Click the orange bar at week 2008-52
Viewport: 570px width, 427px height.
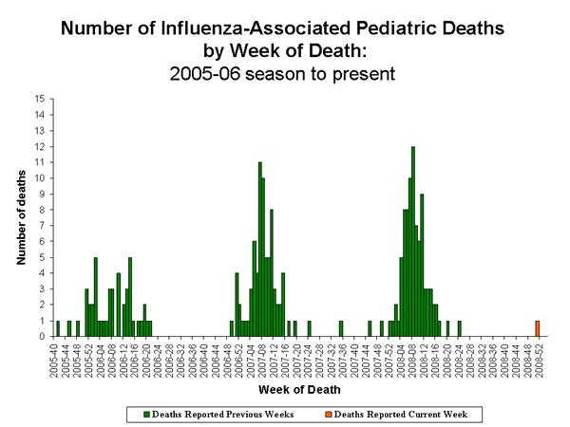pos(537,328)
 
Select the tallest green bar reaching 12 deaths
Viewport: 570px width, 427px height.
pos(412,242)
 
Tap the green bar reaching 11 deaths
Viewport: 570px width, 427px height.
pos(259,249)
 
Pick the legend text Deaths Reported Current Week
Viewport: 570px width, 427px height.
pos(427,414)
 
